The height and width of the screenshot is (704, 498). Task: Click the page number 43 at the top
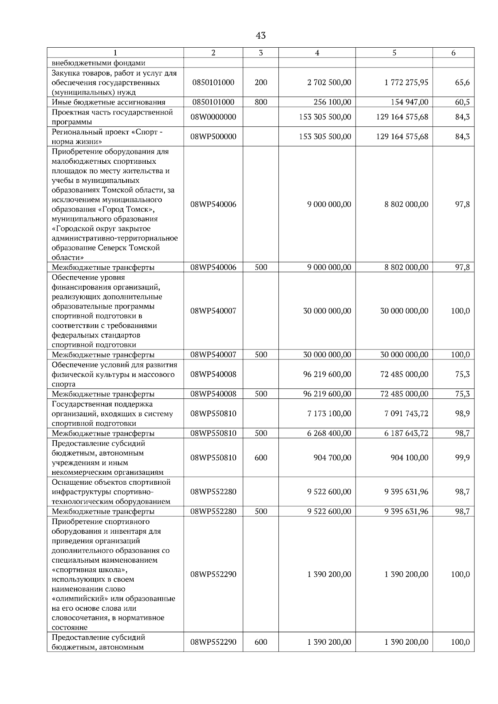coord(261,36)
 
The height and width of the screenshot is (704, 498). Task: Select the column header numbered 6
coord(453,53)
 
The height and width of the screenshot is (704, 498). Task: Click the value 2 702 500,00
coord(329,83)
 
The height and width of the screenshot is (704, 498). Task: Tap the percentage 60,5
coord(462,102)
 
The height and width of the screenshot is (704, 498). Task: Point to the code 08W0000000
coord(213,117)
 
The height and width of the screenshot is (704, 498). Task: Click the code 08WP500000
coord(213,136)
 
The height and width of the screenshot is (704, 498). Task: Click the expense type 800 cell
coord(261,102)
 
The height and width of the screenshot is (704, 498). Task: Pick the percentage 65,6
coord(462,83)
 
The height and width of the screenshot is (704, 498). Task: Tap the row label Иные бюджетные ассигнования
coord(109,102)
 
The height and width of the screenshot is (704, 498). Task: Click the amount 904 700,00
coord(332,458)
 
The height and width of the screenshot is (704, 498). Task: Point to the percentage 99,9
coord(462,458)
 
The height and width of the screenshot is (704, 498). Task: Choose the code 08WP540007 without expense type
coord(213,311)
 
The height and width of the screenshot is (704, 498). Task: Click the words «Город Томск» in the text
coord(129,209)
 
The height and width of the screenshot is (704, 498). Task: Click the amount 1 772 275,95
coord(406,83)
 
